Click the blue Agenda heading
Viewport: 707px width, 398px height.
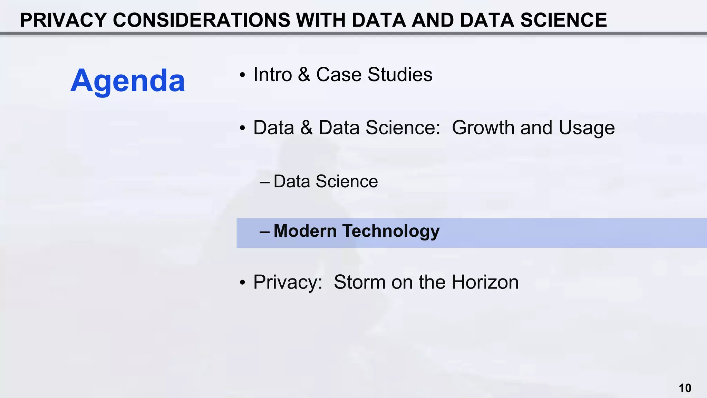click(x=128, y=81)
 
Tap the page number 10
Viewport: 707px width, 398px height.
click(x=685, y=388)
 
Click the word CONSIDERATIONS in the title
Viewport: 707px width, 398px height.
click(x=202, y=20)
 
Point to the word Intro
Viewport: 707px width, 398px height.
click(x=273, y=75)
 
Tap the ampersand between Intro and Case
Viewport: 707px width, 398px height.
click(x=304, y=75)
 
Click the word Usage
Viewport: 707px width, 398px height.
click(x=587, y=128)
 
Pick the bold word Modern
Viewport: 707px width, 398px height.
click(x=305, y=231)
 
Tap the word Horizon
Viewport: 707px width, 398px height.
click(x=485, y=282)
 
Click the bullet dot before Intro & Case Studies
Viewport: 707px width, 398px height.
click(x=243, y=75)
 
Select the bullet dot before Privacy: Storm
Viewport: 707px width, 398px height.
click(x=243, y=283)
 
